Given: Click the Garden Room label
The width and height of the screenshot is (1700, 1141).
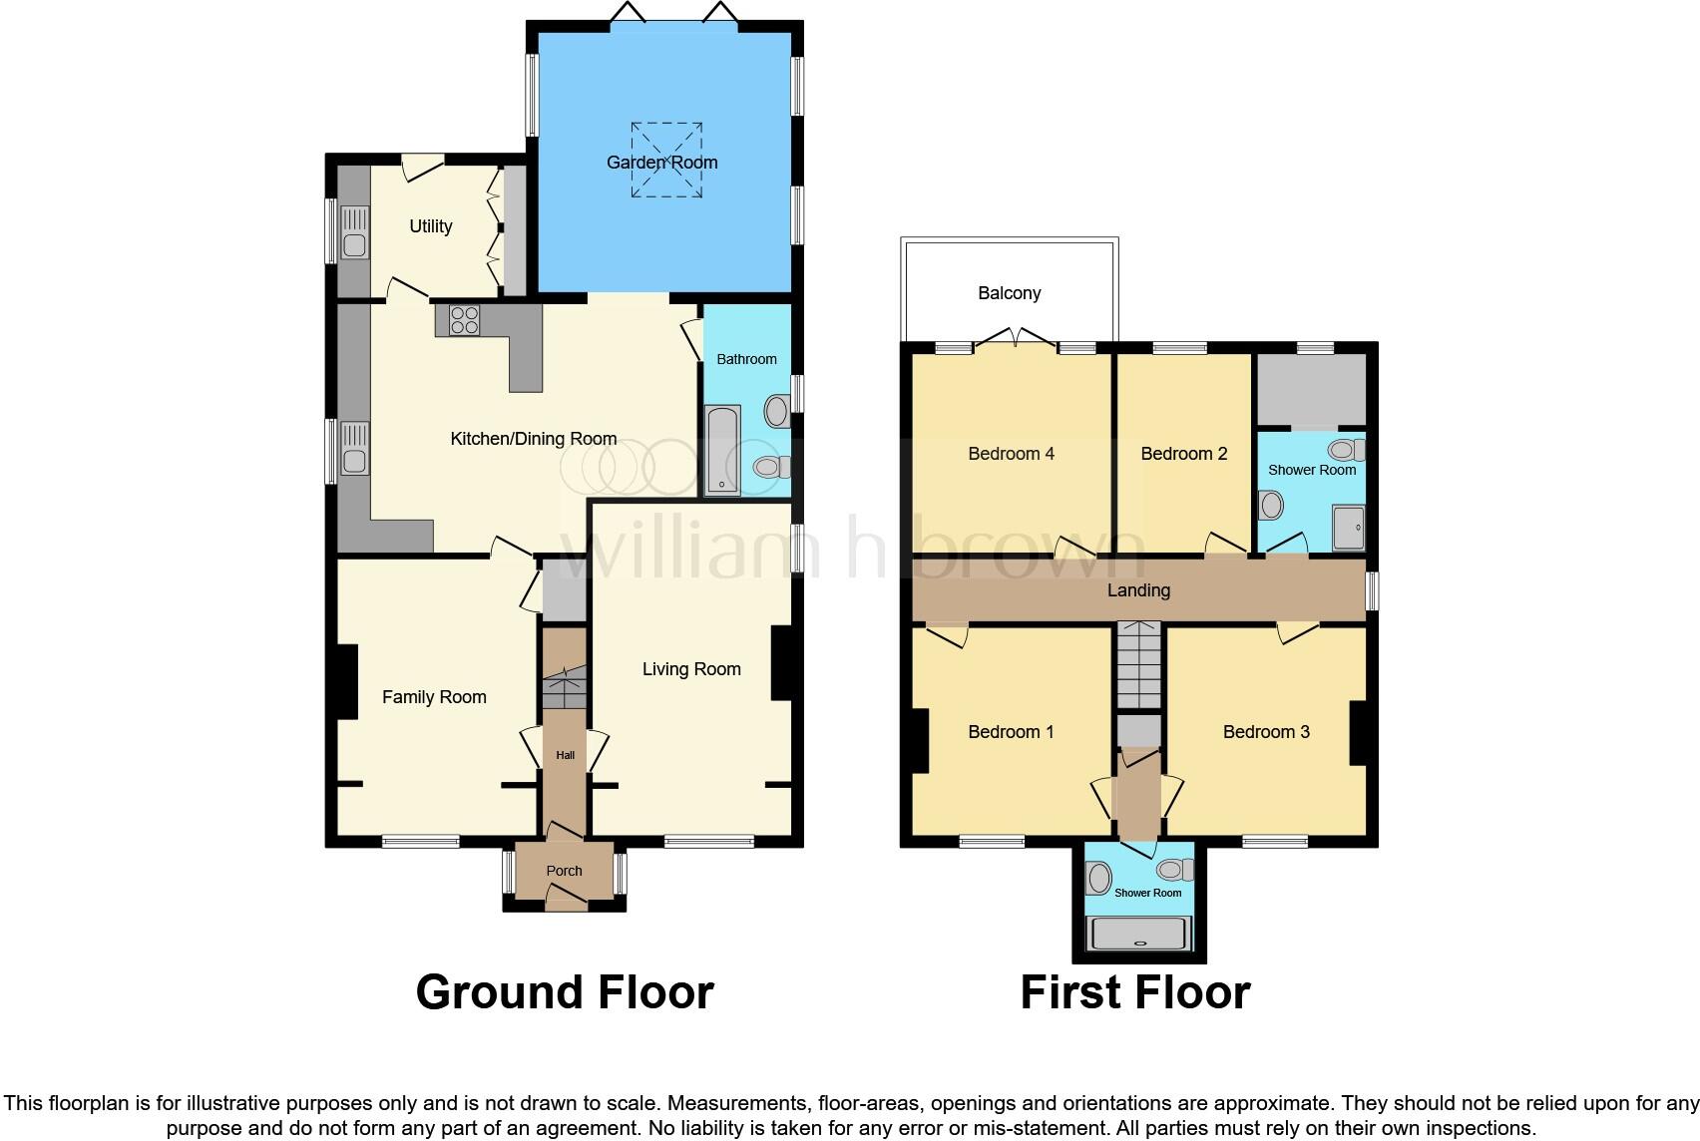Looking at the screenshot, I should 662,163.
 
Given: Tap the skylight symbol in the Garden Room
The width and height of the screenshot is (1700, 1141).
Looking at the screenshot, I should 665,160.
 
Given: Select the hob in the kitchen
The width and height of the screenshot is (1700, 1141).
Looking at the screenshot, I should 465,320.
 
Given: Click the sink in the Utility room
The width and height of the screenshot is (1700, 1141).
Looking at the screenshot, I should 354,231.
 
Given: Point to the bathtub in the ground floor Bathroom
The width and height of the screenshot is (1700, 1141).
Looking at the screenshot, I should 722,450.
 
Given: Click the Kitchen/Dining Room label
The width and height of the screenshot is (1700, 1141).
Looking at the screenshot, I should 533,439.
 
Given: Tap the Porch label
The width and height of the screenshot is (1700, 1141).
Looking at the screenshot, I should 564,871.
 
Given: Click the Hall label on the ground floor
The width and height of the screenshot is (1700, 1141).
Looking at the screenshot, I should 565,755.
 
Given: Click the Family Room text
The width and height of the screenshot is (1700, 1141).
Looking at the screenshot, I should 434,697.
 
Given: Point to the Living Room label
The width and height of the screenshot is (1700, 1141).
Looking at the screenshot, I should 691,669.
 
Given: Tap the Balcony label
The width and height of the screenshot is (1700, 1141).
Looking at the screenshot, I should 1009,293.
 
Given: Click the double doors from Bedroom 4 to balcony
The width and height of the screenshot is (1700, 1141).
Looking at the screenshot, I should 1016,339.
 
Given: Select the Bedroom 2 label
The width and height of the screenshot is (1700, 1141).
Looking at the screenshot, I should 1183,454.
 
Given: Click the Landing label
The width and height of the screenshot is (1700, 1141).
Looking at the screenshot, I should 1138,590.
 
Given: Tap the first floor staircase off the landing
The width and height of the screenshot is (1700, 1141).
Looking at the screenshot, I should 1139,664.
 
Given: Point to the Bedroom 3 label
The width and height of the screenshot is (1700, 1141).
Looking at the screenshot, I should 1266,732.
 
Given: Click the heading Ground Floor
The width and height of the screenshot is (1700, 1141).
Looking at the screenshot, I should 565,992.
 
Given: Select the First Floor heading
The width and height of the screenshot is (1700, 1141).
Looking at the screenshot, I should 1134,992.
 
